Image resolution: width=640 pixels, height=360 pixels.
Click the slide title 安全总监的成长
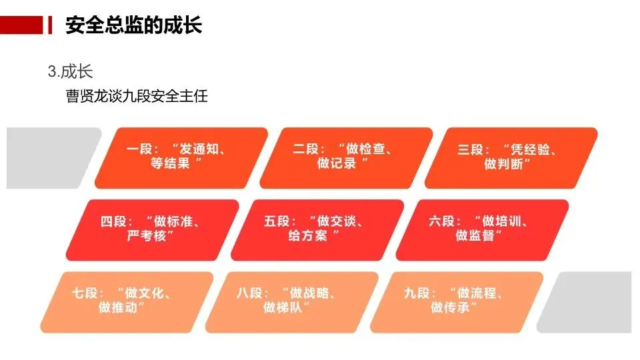click(x=133, y=25)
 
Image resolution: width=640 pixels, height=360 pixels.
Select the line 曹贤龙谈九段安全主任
click(x=137, y=96)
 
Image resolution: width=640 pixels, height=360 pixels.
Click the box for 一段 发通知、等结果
click(x=181, y=158)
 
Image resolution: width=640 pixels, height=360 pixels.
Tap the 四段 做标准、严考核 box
click(x=152, y=229)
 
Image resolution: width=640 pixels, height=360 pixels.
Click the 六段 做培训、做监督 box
click(x=482, y=229)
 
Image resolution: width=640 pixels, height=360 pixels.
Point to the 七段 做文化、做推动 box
click(x=126, y=301)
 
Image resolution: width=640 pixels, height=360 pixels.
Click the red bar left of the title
click(x=23, y=25)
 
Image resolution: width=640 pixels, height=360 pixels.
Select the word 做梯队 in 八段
click(x=287, y=308)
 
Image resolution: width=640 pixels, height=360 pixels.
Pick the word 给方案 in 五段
click(x=309, y=237)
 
